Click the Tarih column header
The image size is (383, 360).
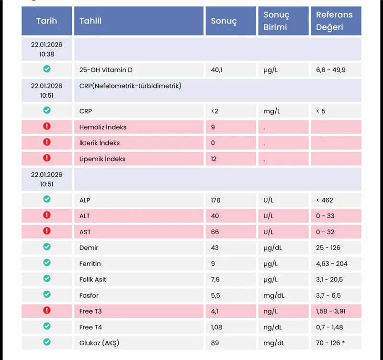[x=46, y=21]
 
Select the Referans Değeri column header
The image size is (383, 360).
[x=334, y=21]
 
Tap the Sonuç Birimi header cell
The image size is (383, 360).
[x=276, y=21]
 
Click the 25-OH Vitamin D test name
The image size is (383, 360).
[x=106, y=70]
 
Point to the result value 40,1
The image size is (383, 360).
[x=217, y=70]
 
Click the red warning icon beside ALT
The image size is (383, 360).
[x=47, y=215]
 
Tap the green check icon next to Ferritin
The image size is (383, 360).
[x=47, y=262]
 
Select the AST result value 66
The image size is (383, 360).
[x=215, y=232]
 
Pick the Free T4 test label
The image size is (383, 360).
[x=90, y=327]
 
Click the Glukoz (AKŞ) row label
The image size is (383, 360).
[x=99, y=343]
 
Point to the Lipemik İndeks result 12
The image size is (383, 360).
[x=214, y=159]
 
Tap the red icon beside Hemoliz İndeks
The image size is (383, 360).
[x=47, y=126]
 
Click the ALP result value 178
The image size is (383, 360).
[x=215, y=200]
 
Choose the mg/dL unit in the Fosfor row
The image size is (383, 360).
[x=273, y=296]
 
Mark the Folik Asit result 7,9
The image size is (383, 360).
[x=215, y=280]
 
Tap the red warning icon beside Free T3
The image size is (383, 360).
[x=47, y=311]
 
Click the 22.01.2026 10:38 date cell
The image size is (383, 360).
[x=47, y=49]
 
